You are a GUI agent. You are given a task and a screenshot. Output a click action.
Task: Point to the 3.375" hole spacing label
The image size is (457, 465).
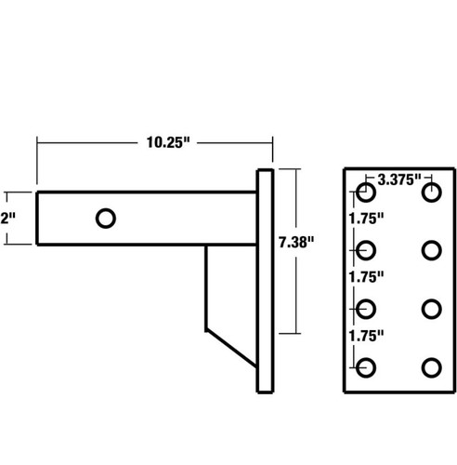point(395,178)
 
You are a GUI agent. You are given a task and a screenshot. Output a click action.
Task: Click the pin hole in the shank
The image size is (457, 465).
point(106,218)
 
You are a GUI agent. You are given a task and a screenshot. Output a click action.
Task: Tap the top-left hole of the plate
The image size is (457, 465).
point(366,193)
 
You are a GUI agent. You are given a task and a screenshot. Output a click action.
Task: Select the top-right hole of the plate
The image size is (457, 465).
point(430,193)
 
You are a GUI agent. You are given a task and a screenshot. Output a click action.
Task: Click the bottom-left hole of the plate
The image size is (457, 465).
point(366,366)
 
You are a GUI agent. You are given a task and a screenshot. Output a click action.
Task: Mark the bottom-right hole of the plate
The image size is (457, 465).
point(430,366)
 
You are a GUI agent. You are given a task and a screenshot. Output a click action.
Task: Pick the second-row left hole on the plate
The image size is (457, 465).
point(366,249)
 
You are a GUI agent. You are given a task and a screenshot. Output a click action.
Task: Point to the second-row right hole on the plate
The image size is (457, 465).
point(430,249)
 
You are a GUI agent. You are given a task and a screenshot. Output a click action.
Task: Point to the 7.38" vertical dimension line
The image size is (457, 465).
point(296,298)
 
